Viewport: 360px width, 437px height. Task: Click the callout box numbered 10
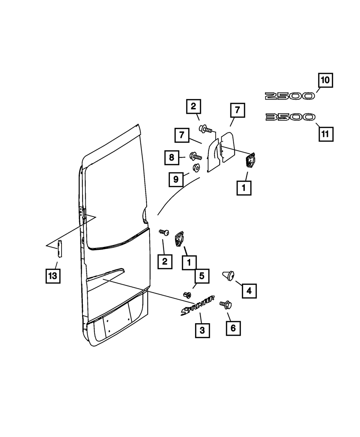click(325, 80)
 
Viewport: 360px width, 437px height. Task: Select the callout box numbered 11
click(325, 134)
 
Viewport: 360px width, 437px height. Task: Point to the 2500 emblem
click(289, 96)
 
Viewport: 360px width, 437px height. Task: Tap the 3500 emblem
click(290, 117)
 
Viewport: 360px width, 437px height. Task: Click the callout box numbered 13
click(53, 276)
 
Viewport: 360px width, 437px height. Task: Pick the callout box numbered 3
click(202, 330)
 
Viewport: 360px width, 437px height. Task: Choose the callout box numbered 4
click(249, 290)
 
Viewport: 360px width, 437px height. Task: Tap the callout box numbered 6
click(233, 328)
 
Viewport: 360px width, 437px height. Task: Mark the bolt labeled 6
click(226, 305)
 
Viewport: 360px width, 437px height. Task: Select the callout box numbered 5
click(202, 276)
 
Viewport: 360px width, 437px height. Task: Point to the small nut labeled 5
click(187, 295)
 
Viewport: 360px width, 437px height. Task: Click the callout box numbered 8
click(172, 157)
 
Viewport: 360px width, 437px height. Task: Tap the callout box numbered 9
click(176, 179)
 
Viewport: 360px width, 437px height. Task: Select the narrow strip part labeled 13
click(60, 248)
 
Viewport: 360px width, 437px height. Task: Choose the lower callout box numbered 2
click(165, 261)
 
